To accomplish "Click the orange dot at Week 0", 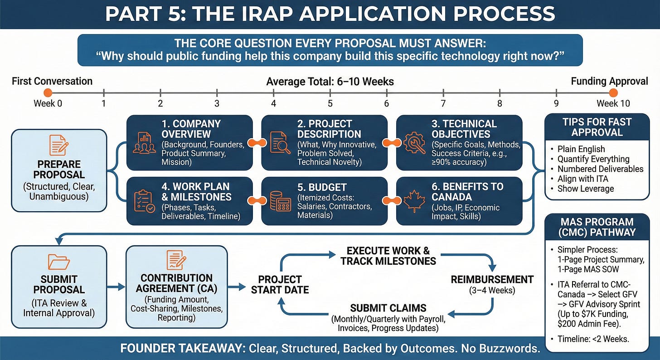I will click(x=48, y=93).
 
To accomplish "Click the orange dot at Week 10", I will click(x=613, y=93).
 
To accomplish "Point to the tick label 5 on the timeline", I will click(x=330, y=103).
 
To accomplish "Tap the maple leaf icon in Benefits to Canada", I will click(x=413, y=200).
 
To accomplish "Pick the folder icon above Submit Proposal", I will click(x=58, y=262).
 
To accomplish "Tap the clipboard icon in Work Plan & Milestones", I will click(x=144, y=201).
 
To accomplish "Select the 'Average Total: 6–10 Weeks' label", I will click(x=330, y=82).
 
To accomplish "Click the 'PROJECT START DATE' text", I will click(x=280, y=284).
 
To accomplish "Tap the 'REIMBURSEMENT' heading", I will click(x=492, y=279).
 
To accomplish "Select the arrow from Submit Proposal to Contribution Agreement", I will click(x=116, y=287).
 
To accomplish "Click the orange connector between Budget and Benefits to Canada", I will click(x=392, y=201).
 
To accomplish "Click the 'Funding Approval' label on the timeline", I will click(x=609, y=81).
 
